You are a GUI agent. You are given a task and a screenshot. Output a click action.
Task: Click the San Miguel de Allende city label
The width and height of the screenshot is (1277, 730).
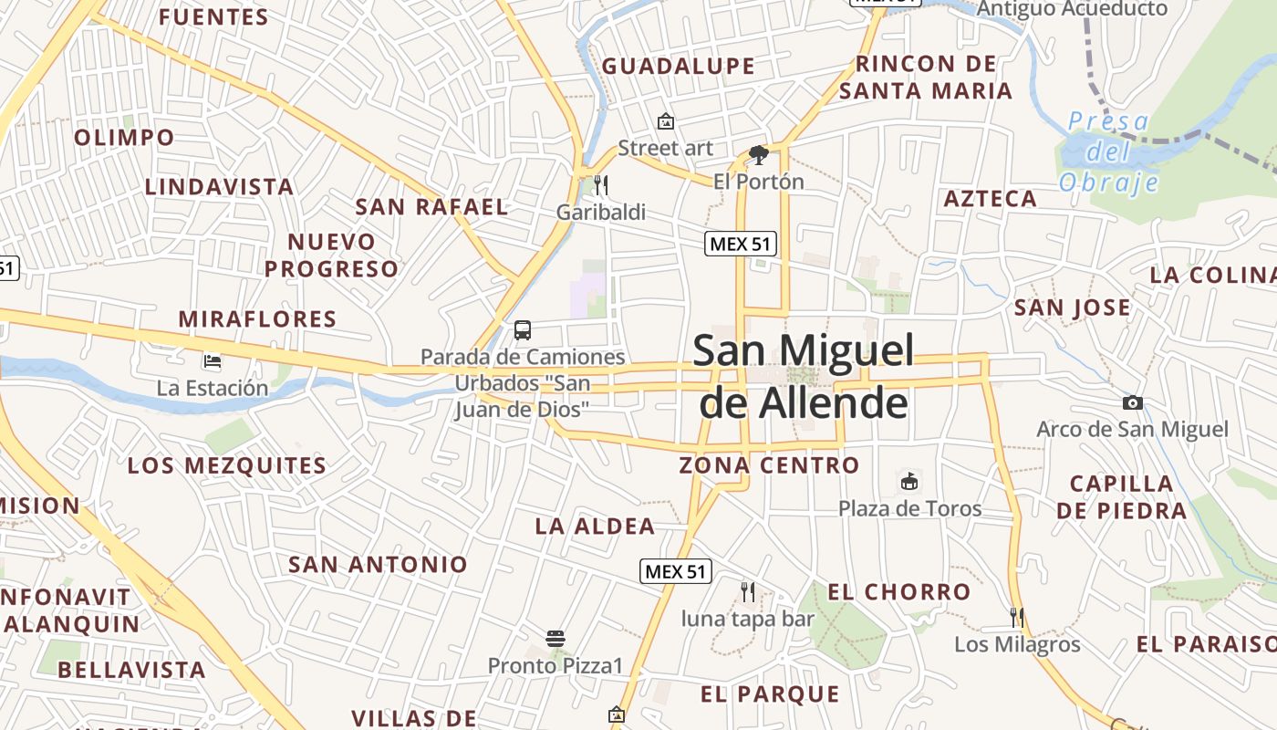pyautogui.click(x=804, y=376)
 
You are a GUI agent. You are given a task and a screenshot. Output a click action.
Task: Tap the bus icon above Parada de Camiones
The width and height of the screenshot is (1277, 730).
pyautogui.click(x=523, y=330)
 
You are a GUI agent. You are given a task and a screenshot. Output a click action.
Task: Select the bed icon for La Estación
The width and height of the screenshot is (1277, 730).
pyautogui.click(x=213, y=361)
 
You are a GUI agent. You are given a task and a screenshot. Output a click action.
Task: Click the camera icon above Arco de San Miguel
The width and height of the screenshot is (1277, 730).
pyautogui.click(x=1132, y=402)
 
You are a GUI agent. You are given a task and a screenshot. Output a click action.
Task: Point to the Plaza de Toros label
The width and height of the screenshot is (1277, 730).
pyautogui.click(x=909, y=508)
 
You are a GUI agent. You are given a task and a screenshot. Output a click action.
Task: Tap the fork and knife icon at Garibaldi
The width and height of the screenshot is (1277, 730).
pyautogui.click(x=600, y=185)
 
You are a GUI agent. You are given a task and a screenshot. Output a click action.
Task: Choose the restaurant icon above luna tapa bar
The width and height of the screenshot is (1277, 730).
pyautogui.click(x=748, y=592)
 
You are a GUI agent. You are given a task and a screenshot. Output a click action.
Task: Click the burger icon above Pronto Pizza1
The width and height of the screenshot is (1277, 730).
pyautogui.click(x=555, y=639)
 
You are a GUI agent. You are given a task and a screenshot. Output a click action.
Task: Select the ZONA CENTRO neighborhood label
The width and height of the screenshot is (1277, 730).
pyautogui.click(x=769, y=465)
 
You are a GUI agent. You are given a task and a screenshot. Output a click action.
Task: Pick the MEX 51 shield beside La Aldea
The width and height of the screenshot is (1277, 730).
pyautogui.click(x=675, y=571)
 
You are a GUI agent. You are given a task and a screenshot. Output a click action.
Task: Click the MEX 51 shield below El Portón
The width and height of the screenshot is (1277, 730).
pyautogui.click(x=740, y=244)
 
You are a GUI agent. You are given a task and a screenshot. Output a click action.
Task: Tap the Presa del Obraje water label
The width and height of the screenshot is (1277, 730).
pyautogui.click(x=1108, y=151)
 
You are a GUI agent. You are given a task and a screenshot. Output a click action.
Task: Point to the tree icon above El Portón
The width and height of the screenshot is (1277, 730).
pyautogui.click(x=758, y=155)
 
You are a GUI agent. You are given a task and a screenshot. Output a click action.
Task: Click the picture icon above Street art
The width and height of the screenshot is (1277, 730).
pyautogui.click(x=666, y=121)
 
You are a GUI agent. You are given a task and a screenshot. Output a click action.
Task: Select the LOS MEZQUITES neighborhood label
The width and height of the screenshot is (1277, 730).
pyautogui.click(x=227, y=465)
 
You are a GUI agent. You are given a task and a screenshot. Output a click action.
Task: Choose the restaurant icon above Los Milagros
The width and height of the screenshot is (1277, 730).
pyautogui.click(x=1017, y=618)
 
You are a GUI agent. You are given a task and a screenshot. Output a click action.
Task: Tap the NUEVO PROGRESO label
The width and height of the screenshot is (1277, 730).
pyautogui.click(x=332, y=255)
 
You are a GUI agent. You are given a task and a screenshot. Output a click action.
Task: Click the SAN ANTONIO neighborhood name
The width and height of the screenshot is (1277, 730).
pyautogui.click(x=378, y=564)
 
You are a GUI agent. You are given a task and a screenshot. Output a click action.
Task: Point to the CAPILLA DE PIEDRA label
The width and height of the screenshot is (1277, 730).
pyautogui.click(x=1122, y=496)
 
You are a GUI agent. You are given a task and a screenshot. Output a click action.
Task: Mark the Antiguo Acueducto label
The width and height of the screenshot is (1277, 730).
pyautogui.click(x=1072, y=9)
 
